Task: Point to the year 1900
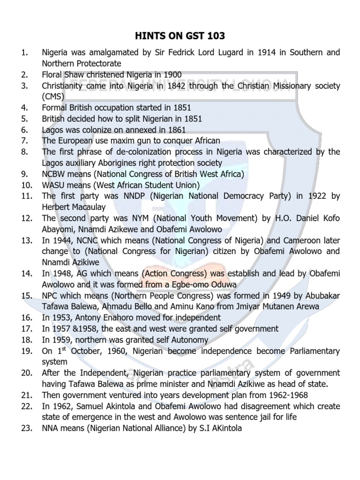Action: pos(171,74)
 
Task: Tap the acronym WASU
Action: pos(54,184)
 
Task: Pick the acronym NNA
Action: pos(51,428)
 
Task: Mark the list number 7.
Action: pos(24,140)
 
